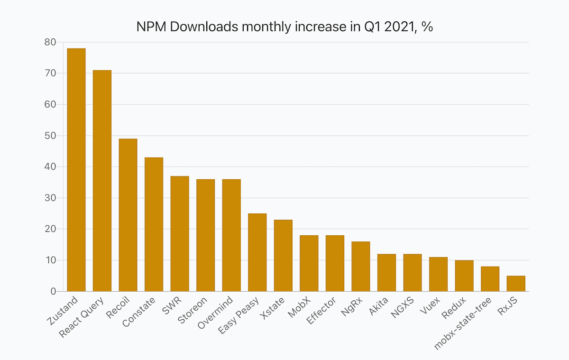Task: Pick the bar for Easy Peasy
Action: pos(257,252)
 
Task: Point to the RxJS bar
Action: pos(516,284)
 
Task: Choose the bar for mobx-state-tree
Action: pos(490,279)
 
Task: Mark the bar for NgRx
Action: pos(361,267)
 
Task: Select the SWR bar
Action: pos(180,234)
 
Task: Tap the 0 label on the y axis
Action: pos(53,291)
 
